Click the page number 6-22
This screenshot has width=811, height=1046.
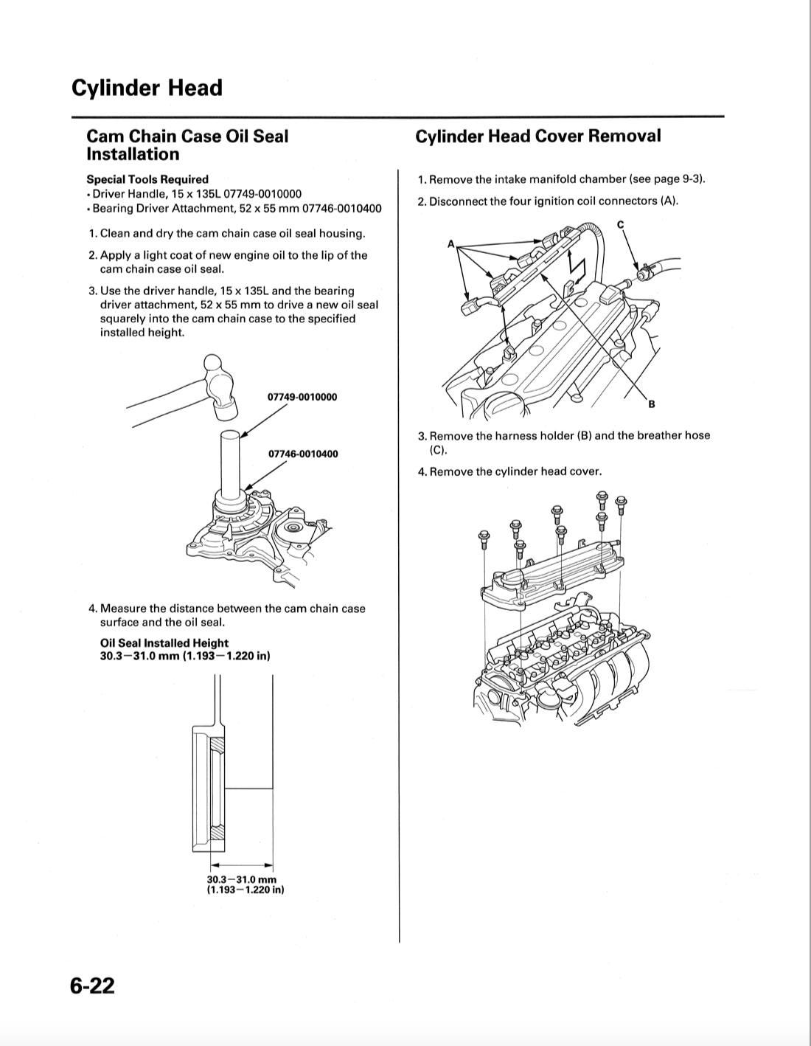click(x=93, y=985)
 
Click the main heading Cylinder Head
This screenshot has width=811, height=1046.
click(x=147, y=88)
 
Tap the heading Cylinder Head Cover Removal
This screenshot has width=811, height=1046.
click(x=537, y=136)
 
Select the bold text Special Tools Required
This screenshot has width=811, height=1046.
click(x=147, y=179)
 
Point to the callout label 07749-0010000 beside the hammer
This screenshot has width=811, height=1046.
click(x=302, y=397)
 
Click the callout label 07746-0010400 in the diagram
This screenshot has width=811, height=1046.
click(x=303, y=454)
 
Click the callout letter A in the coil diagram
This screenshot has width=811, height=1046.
click(x=450, y=243)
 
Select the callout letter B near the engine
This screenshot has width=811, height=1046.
click(x=652, y=404)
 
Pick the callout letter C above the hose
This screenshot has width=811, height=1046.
click(x=620, y=224)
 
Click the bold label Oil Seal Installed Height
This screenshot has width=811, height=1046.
click(x=164, y=643)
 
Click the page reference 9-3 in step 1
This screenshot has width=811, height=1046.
click(x=691, y=179)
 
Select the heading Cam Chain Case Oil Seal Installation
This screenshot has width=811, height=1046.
click(x=187, y=145)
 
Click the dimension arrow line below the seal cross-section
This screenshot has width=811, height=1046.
click(x=243, y=866)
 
